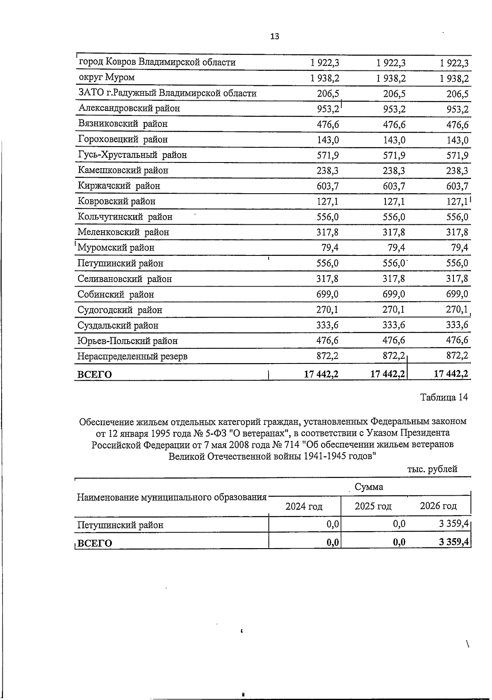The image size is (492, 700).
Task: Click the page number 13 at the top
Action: (x=275, y=36)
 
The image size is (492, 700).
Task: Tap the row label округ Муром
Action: (x=106, y=77)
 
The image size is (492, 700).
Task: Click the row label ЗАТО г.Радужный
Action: (x=167, y=93)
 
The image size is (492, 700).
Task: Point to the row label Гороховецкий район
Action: (x=123, y=140)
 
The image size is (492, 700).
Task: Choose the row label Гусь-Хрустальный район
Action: (x=132, y=155)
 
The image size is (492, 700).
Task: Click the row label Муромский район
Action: (x=116, y=248)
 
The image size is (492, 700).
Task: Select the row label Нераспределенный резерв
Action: (x=132, y=356)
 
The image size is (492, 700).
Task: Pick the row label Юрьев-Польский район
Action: (x=128, y=341)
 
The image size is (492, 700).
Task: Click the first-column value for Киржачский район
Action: (x=328, y=186)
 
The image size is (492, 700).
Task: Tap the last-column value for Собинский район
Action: (x=457, y=294)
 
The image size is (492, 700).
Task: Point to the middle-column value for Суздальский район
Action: (x=394, y=325)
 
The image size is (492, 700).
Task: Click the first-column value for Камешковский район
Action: (x=328, y=171)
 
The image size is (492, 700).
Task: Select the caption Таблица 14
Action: (x=444, y=397)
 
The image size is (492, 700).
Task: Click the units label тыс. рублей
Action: (x=432, y=469)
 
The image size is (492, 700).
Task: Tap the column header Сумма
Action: (x=369, y=487)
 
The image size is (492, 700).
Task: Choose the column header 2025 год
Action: (x=373, y=506)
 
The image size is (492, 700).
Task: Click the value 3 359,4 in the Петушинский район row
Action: (x=453, y=524)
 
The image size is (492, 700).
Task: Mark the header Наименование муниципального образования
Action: (x=171, y=497)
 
